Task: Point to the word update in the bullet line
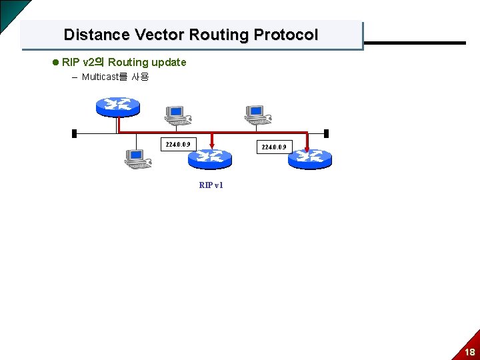[x=169, y=62]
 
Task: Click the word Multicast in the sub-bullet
[x=99, y=77]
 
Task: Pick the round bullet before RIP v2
[x=55, y=63]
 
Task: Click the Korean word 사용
[x=140, y=77]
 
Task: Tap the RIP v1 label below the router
[x=211, y=185]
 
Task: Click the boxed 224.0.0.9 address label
[x=178, y=144]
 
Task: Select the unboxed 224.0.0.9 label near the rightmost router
[x=274, y=147]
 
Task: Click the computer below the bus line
[x=137, y=158]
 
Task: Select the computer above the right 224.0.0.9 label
[x=257, y=115]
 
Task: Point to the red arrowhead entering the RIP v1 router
[x=211, y=143]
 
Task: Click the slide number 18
[x=470, y=352]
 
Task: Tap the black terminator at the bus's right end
[x=325, y=133]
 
